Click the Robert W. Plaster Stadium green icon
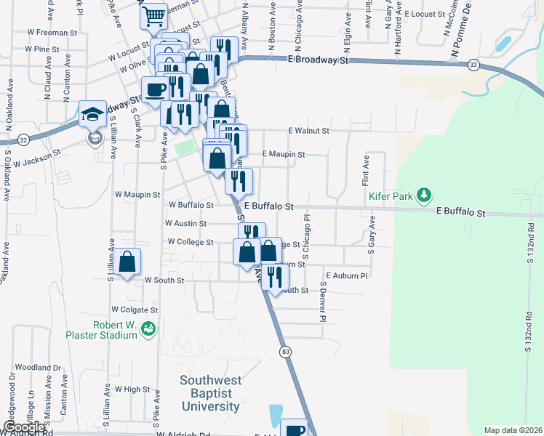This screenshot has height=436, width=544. [149, 329]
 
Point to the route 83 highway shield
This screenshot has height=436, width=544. [285, 352]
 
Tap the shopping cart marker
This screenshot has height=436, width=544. [153, 16]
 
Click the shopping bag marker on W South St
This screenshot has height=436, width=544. [127, 263]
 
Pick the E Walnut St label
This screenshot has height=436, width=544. [309, 131]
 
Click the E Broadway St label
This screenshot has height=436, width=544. [319, 60]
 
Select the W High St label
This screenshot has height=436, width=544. [132, 389]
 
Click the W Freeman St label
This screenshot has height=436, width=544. [52, 33]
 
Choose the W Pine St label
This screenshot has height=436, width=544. [41, 49]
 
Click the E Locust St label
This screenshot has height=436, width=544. [424, 14]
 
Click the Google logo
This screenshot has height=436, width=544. [23, 428]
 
